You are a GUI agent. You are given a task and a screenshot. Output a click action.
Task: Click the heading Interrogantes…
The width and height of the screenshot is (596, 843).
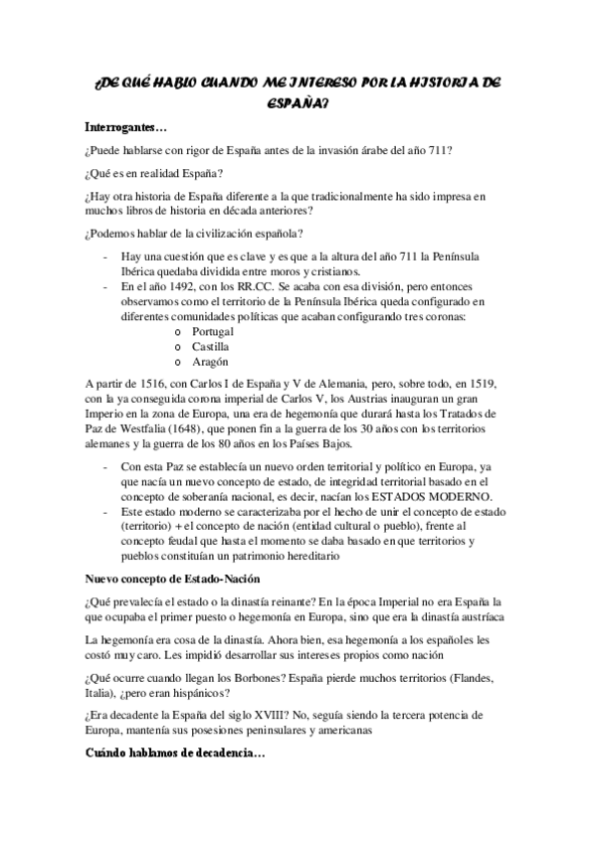pyautogui.click(x=126, y=128)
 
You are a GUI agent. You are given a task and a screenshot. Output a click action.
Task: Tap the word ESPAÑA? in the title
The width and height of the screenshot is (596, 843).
pyautogui.click(x=299, y=101)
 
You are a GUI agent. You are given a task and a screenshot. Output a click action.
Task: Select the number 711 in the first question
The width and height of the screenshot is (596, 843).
pyautogui.click(x=440, y=151)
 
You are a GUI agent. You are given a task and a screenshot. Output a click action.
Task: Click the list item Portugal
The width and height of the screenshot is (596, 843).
pyautogui.click(x=213, y=330)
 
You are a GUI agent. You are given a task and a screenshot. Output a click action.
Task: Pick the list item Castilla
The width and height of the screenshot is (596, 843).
pyautogui.click(x=210, y=347)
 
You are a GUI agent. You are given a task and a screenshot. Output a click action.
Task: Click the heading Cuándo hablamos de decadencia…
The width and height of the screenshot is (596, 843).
pyautogui.click(x=174, y=756)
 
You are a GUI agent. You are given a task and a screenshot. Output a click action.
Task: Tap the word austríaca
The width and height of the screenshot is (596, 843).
pyautogui.click(x=473, y=616)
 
